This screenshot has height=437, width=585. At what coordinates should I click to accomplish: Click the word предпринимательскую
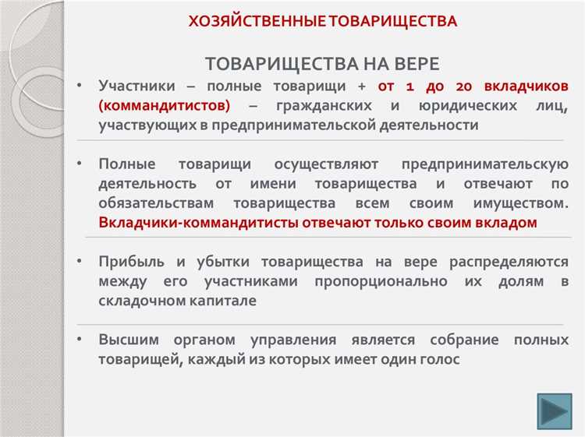(484, 164)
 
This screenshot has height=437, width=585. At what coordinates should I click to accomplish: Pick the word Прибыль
(130, 262)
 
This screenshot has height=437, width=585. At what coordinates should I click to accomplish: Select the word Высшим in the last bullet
(127, 340)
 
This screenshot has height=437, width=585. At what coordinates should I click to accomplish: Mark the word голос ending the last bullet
(438, 360)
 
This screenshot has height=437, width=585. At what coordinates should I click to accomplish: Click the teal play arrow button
(555, 411)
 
